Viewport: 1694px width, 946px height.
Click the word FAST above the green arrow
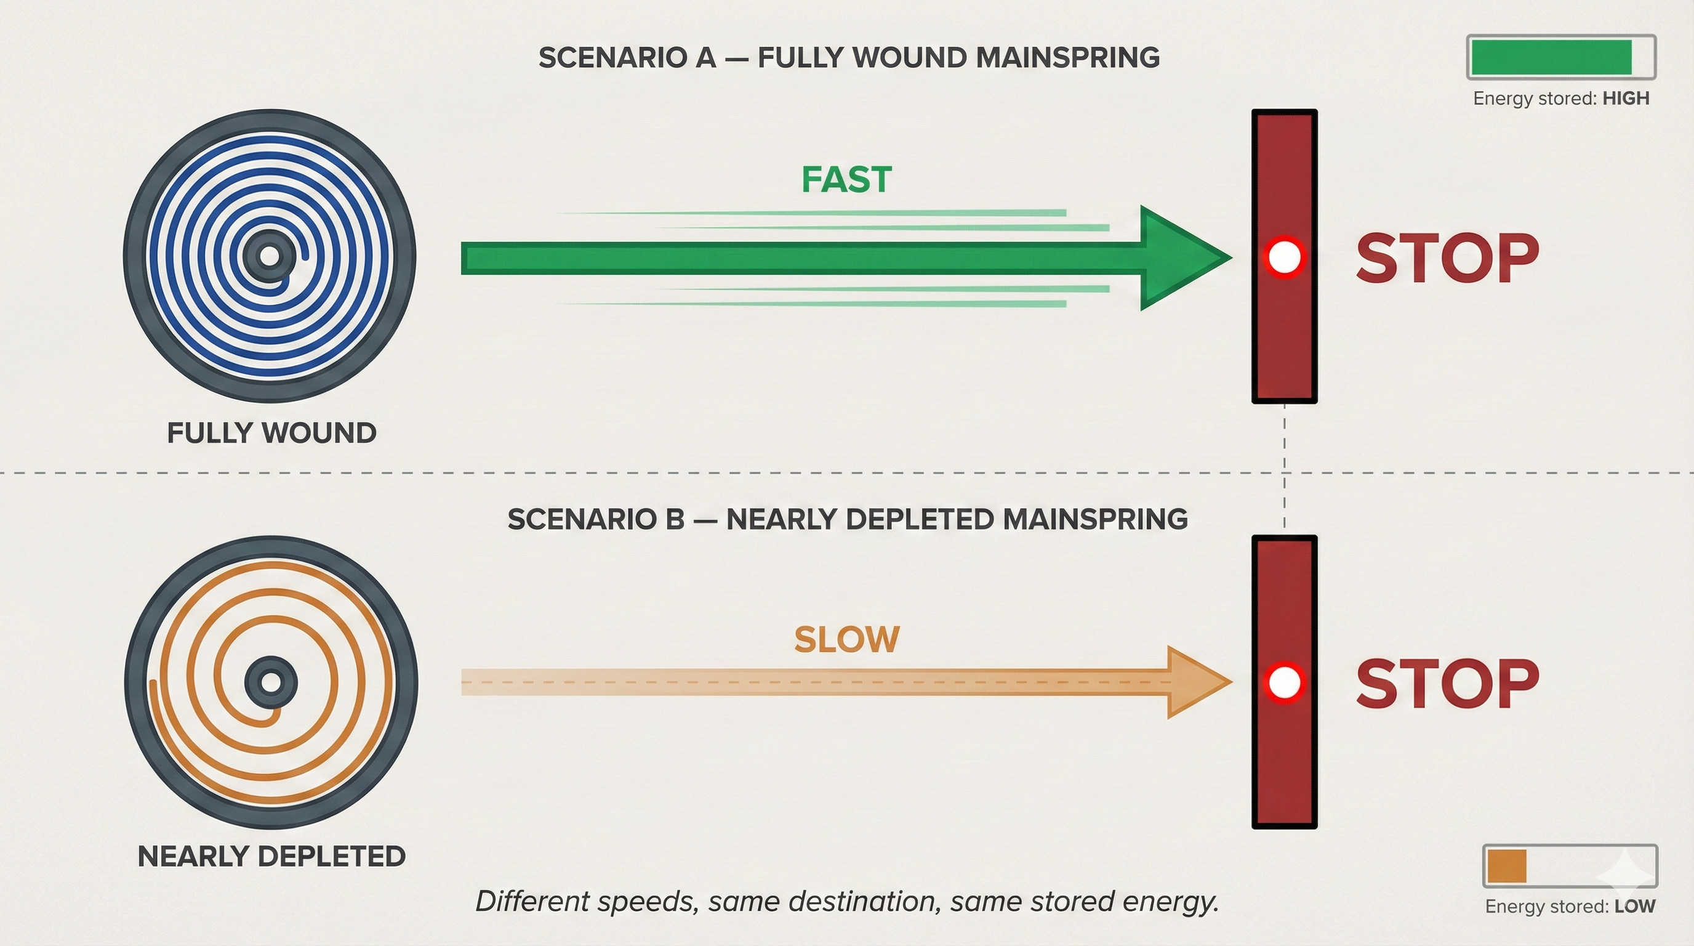point(846,180)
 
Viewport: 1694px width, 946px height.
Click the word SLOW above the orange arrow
point(846,639)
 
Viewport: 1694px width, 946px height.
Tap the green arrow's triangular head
point(1177,258)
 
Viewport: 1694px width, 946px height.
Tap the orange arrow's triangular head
point(1194,682)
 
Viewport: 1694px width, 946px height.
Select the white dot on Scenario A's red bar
point(1283,257)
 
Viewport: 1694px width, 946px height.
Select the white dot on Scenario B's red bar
point(1283,682)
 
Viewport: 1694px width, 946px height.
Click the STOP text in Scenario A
point(1447,259)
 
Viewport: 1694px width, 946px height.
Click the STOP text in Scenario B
point(1447,684)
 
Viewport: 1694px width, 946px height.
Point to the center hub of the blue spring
point(270,256)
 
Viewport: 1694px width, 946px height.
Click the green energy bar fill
point(1551,57)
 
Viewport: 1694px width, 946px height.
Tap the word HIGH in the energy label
point(1626,99)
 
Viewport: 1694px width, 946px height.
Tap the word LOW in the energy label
point(1635,907)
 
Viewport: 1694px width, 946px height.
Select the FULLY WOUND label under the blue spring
point(271,433)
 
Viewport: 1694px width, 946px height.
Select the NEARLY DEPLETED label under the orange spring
point(271,857)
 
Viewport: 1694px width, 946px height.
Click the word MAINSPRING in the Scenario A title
point(1067,58)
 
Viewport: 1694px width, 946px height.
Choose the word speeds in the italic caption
point(648,902)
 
